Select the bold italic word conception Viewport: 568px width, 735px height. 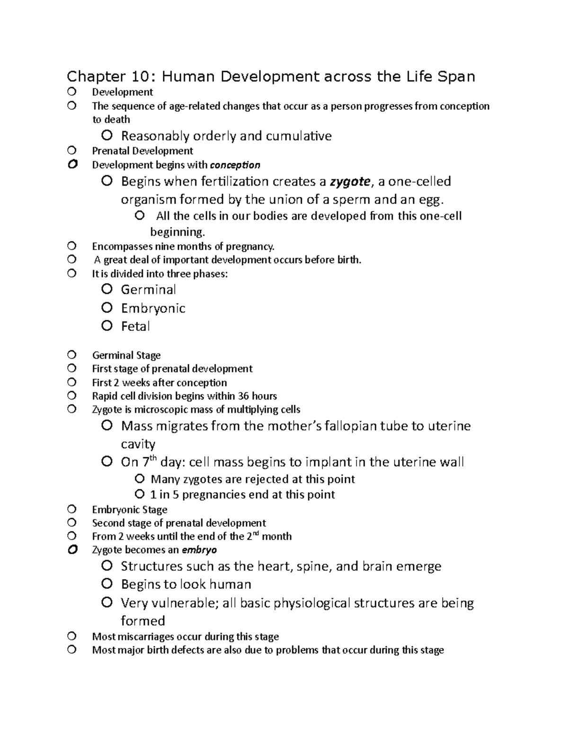pyautogui.click(x=235, y=165)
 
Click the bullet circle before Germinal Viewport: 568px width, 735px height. pyautogui.click(x=107, y=289)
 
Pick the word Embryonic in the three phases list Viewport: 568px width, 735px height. pyautogui.click(x=153, y=308)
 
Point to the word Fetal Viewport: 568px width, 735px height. pyautogui.click(x=135, y=326)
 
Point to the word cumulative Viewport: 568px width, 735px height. pyautogui.click(x=298, y=136)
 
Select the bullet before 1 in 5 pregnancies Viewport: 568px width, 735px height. pyautogui.click(x=139, y=495)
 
